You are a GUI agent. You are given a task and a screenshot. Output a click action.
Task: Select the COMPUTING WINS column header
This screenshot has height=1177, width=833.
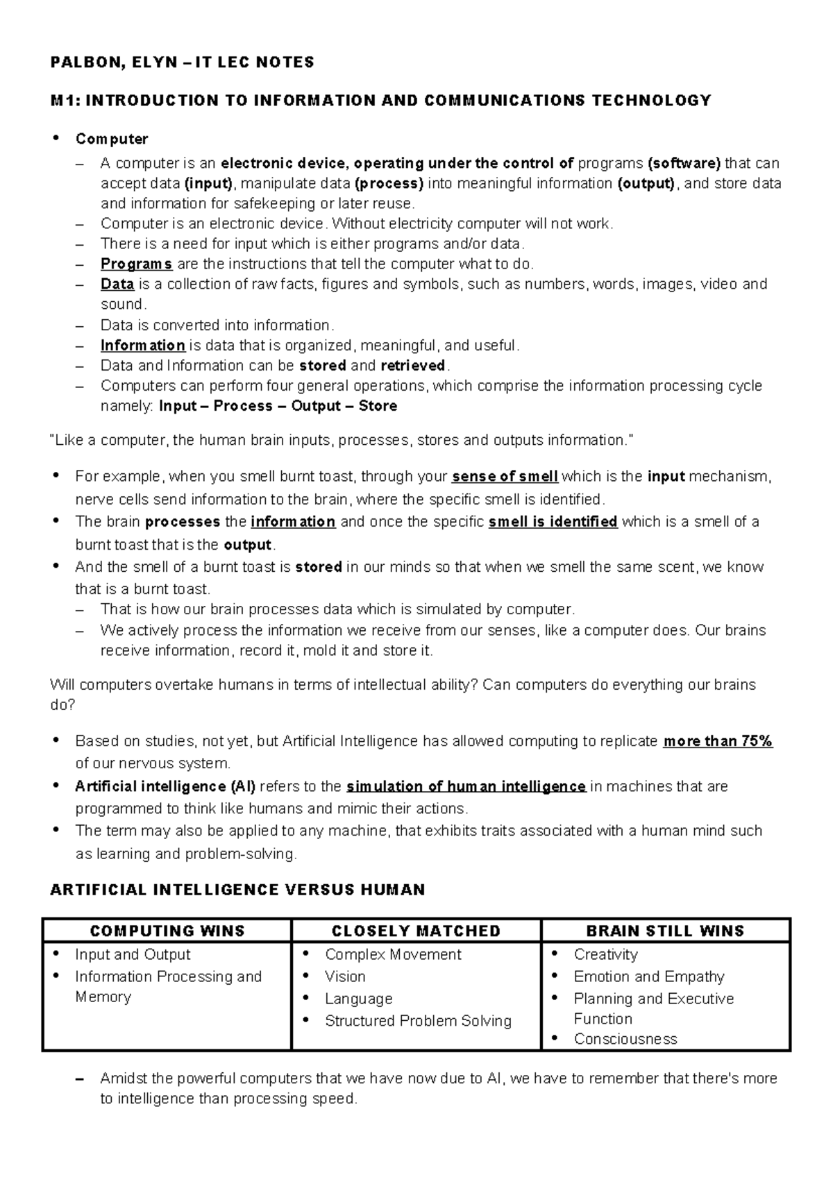click(167, 931)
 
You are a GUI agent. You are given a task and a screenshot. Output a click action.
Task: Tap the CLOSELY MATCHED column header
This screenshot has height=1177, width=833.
click(416, 931)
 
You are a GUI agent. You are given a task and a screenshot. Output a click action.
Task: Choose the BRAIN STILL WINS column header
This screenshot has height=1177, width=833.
click(665, 931)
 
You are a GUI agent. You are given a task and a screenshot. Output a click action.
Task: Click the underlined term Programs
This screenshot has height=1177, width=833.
click(136, 264)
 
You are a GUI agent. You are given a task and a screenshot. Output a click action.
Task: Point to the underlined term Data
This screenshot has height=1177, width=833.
click(117, 284)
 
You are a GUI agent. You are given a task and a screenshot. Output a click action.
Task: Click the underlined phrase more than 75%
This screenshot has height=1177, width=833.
click(718, 741)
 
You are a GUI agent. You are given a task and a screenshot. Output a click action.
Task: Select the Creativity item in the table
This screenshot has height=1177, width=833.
click(605, 954)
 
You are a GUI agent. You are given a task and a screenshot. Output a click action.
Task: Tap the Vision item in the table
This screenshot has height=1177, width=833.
click(345, 976)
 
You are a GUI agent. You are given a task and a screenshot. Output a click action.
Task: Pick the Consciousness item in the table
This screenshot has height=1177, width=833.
click(625, 1039)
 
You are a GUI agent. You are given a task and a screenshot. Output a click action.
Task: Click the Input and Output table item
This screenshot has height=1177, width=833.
click(133, 954)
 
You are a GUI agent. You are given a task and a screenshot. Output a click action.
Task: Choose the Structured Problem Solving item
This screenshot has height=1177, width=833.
click(418, 1021)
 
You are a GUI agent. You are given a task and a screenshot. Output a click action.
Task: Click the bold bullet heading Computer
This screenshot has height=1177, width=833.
click(112, 139)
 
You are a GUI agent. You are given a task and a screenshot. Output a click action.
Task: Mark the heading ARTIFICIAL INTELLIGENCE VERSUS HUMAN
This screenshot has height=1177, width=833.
click(237, 890)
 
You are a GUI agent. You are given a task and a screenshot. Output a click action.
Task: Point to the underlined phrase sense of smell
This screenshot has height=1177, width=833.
click(505, 477)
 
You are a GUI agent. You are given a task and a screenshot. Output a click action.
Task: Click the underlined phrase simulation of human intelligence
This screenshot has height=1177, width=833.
click(466, 786)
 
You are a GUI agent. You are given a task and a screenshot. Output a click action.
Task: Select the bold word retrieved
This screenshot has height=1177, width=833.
click(412, 365)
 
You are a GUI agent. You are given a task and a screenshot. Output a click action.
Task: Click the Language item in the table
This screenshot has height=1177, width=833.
click(358, 999)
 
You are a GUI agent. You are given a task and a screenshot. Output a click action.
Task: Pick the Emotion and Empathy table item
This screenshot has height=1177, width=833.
click(649, 976)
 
